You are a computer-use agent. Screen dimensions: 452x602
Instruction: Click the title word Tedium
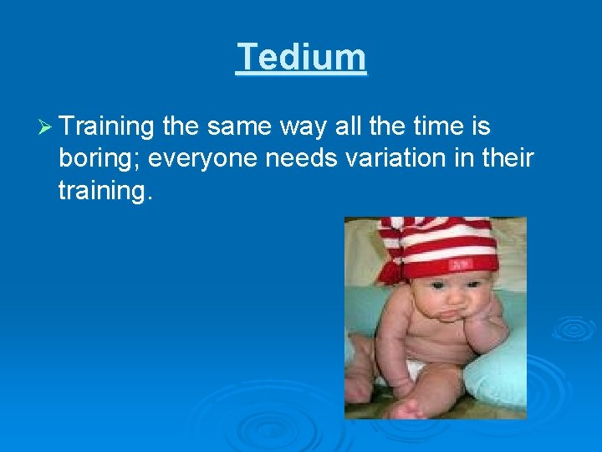pos(301,58)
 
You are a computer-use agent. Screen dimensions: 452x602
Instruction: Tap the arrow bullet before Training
pos(45,128)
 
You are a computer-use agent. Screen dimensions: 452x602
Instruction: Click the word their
pos(505,159)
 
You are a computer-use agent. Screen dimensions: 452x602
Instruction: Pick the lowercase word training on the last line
pos(105,191)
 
